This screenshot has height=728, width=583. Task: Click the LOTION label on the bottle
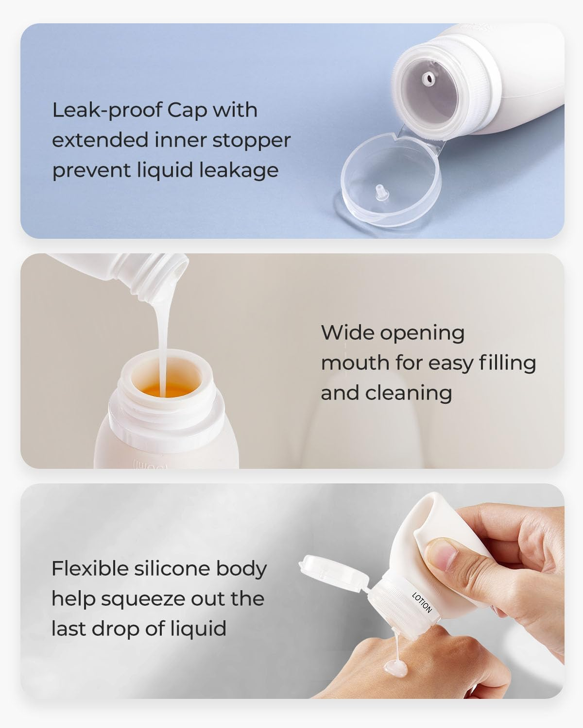[x=421, y=602]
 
